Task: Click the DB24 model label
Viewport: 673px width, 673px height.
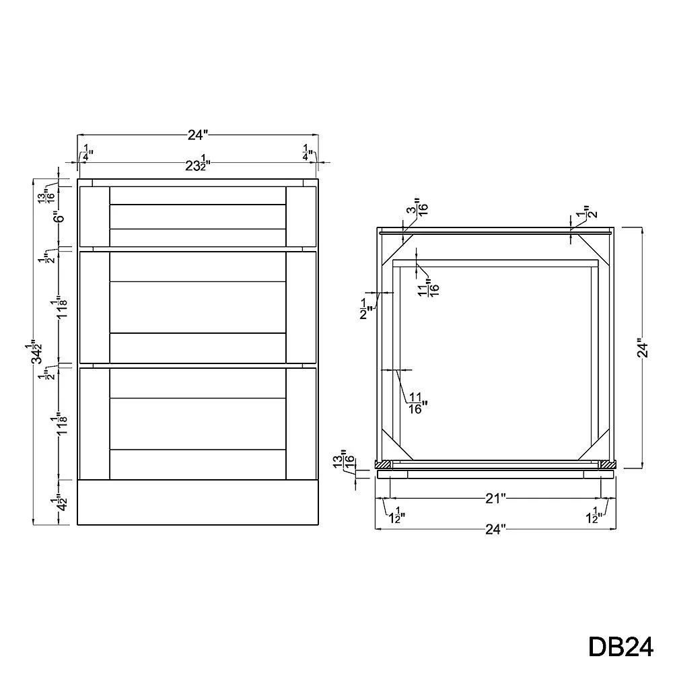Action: click(621, 647)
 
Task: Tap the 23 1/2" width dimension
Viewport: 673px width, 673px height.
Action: click(197, 164)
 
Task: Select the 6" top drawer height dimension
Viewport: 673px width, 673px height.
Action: click(60, 217)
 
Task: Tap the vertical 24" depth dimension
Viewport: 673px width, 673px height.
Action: click(642, 349)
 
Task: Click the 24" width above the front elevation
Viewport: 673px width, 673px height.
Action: click(198, 135)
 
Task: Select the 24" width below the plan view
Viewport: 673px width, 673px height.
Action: click(495, 530)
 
